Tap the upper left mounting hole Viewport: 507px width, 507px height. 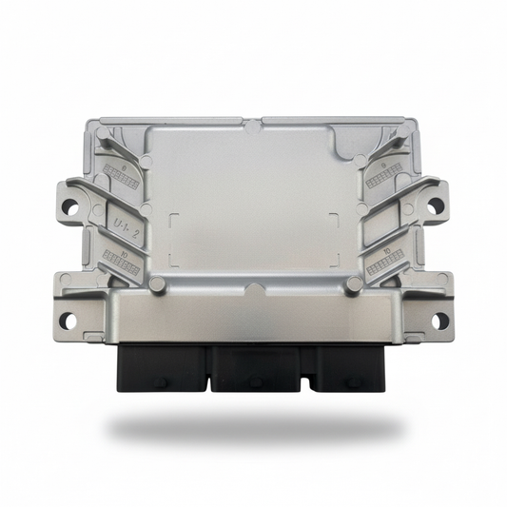coord(69,205)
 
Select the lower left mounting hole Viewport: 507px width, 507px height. coord(68,321)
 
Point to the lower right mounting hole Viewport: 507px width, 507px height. coord(439,321)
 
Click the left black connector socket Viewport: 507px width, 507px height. coord(162,366)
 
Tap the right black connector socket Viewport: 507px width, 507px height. coord(350,366)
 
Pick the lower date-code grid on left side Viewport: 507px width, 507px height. coord(122,264)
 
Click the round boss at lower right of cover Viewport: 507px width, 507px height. coord(354,283)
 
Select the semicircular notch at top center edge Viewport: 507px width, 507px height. coord(253,124)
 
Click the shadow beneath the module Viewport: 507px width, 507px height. coord(252,428)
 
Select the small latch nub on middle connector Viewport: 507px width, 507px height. coord(255,381)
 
